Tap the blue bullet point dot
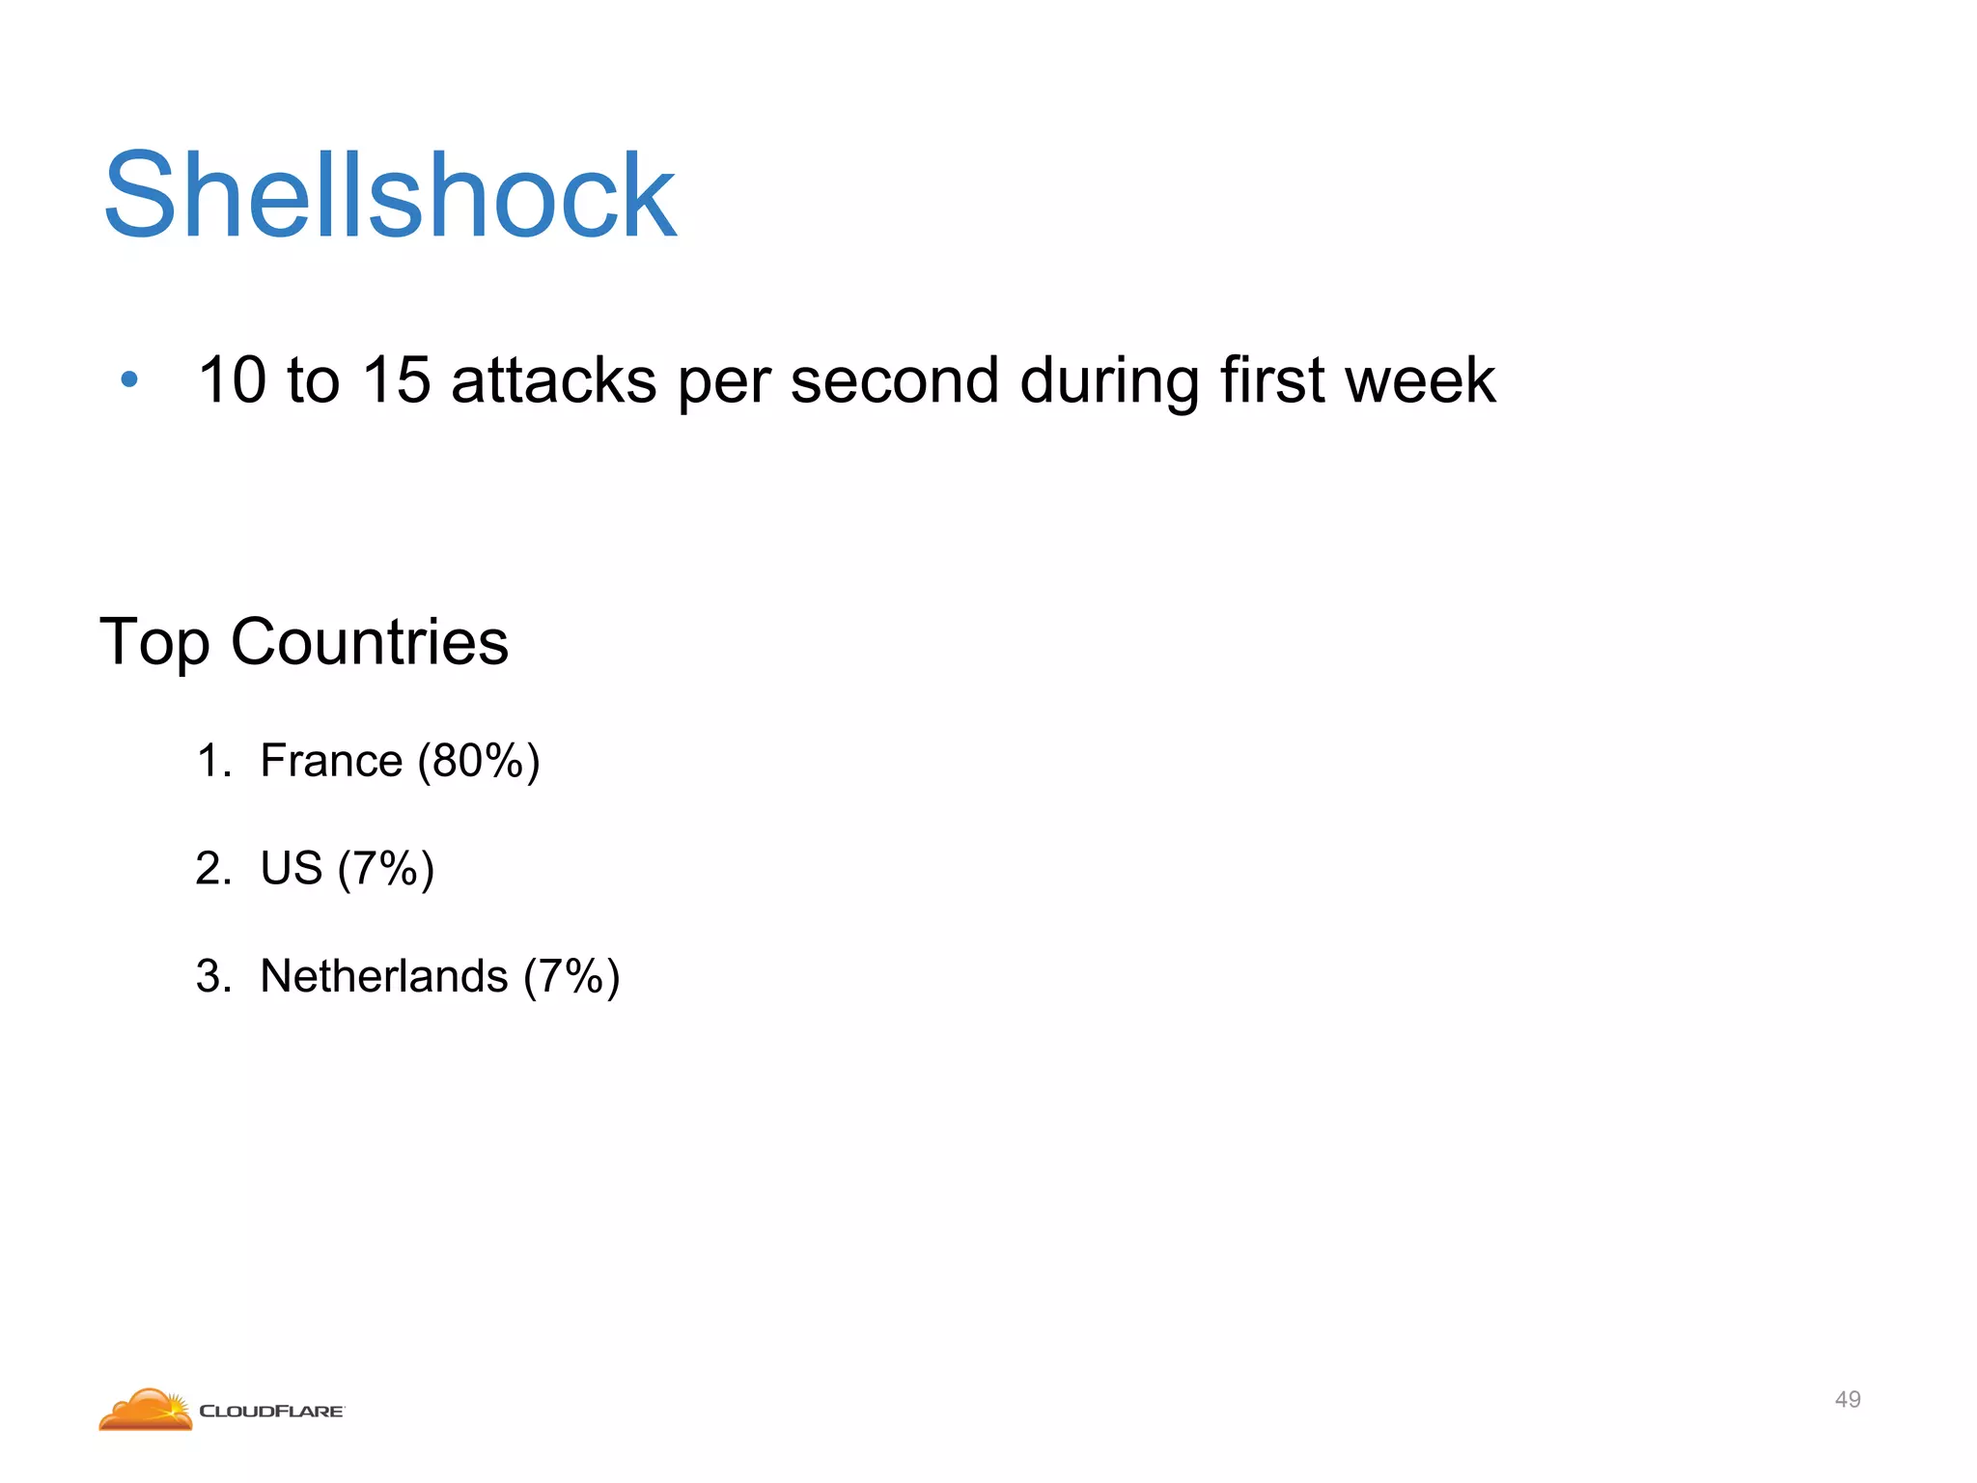tap(129, 379)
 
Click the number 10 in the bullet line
tap(232, 379)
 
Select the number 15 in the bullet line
tap(395, 379)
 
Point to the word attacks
tap(554, 379)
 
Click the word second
tap(894, 379)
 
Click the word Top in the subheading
tap(154, 643)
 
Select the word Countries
tap(369, 643)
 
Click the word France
tap(331, 761)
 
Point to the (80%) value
tap(479, 761)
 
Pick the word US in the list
tap(291, 868)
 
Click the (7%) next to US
tap(386, 868)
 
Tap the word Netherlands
tap(383, 976)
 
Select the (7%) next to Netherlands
tap(571, 976)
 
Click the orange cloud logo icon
tap(146, 1410)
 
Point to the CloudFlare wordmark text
tap(271, 1412)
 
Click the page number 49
tap(1847, 1399)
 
